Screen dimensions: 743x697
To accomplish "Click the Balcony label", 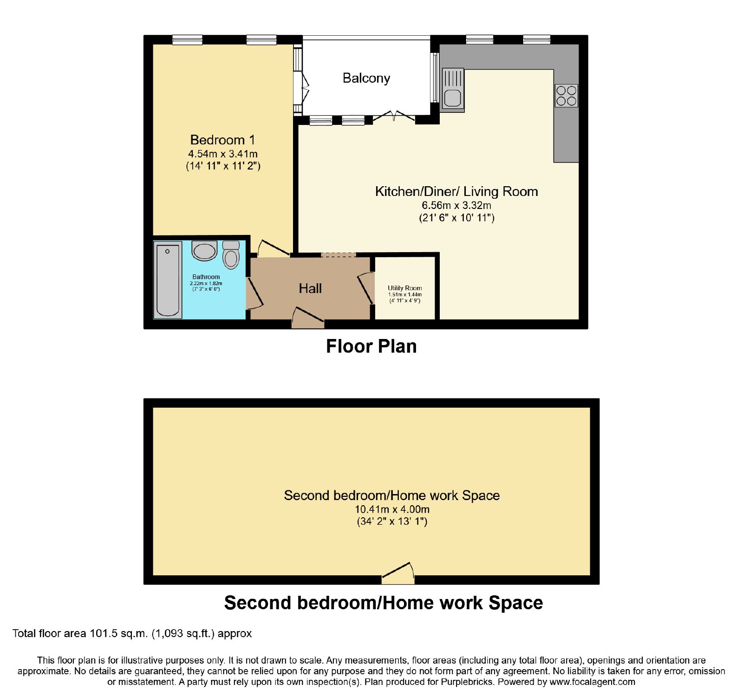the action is (x=366, y=78).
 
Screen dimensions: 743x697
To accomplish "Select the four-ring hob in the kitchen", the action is (x=567, y=96).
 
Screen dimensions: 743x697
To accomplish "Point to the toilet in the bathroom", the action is (x=231, y=254).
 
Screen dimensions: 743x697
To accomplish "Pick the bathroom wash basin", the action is (x=204, y=251).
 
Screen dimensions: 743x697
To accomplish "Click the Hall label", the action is (x=310, y=288).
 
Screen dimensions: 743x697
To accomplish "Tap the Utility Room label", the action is (x=405, y=288).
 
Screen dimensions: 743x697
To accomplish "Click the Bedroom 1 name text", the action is (x=222, y=140).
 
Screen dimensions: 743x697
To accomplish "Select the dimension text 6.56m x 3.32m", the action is (x=456, y=205).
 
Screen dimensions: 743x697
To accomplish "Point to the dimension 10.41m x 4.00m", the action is (x=392, y=509).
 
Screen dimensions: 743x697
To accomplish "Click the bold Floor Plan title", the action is (x=371, y=346).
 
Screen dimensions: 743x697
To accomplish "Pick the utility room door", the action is (x=366, y=288).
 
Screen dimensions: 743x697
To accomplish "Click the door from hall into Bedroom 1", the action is (x=274, y=248).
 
